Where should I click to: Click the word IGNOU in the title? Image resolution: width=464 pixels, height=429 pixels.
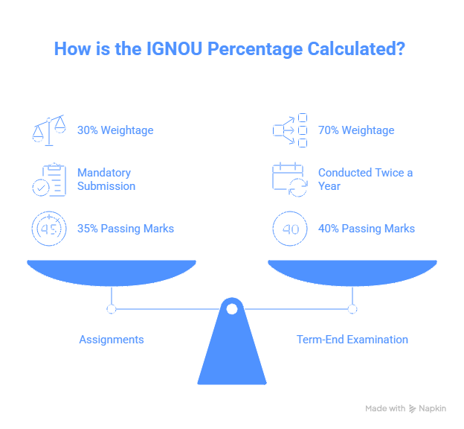(x=174, y=48)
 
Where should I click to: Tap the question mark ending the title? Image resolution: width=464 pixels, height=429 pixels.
(x=401, y=48)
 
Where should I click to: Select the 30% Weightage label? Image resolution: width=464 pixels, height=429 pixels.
(x=115, y=130)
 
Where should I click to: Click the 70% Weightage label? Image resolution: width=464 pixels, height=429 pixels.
(x=356, y=130)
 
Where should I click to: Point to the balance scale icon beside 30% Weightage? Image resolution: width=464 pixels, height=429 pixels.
(x=49, y=130)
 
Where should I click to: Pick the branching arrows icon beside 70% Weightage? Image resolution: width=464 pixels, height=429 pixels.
(x=290, y=130)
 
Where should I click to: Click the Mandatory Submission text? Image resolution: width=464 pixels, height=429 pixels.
(x=106, y=179)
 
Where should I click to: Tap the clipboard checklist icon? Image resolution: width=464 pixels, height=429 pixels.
(x=49, y=179)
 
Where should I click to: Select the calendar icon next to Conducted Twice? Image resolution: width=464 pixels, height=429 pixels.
(x=290, y=179)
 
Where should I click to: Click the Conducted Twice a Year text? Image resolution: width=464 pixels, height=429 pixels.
(x=365, y=179)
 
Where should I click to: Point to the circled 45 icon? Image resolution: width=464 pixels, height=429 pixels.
(x=49, y=229)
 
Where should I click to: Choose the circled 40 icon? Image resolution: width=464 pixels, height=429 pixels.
(x=290, y=229)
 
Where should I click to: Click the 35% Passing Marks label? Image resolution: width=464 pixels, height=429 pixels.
(x=126, y=229)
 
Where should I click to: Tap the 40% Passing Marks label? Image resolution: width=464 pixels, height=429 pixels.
(x=367, y=229)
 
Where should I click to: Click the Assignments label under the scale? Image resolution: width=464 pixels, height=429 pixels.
(x=112, y=340)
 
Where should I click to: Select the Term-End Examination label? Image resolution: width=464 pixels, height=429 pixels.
(x=352, y=340)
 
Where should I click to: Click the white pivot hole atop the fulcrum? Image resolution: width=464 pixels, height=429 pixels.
(x=232, y=309)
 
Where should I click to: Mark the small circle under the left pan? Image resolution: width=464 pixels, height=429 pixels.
(x=112, y=309)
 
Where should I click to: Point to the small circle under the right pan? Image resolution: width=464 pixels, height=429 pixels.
(x=352, y=309)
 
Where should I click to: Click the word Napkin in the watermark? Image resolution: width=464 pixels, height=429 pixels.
(x=432, y=409)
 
